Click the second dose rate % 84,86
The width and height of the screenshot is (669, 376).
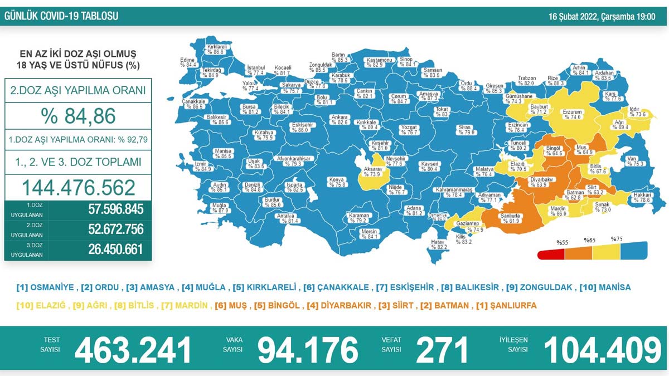click(77, 115)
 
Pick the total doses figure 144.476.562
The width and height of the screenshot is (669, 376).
click(77, 187)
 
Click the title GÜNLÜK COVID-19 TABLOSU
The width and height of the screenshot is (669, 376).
click(61, 17)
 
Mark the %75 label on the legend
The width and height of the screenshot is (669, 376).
click(617, 239)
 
